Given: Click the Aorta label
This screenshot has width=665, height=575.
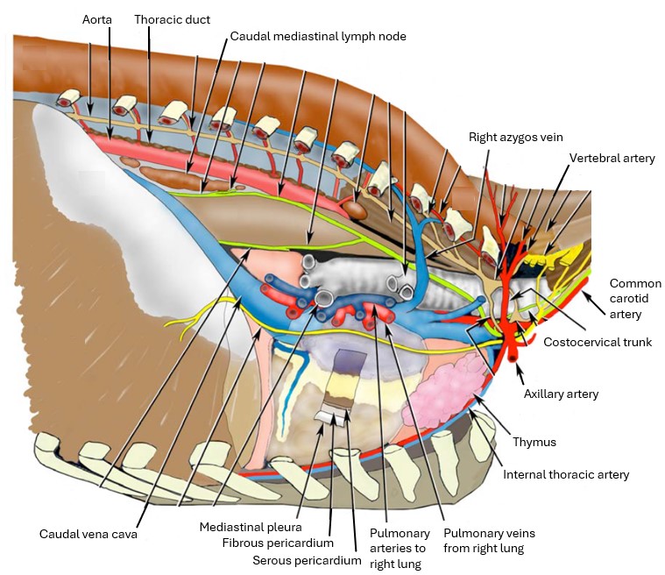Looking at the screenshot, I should point(98,18).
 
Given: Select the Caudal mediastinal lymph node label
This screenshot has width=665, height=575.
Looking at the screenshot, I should point(318,37).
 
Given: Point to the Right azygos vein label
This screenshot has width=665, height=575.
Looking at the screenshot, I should point(515,138).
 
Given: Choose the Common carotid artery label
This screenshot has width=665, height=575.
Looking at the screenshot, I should point(635,298).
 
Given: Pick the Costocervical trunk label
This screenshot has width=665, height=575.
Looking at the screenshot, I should point(598,342).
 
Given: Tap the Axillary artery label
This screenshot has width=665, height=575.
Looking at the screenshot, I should point(561,394).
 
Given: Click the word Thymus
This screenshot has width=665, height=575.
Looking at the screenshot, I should point(535,442).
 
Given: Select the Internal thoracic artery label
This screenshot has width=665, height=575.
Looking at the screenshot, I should point(566,475).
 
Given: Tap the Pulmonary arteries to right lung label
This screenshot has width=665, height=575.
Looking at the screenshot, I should point(399,548).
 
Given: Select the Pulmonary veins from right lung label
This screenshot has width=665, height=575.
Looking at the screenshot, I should point(488,540).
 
